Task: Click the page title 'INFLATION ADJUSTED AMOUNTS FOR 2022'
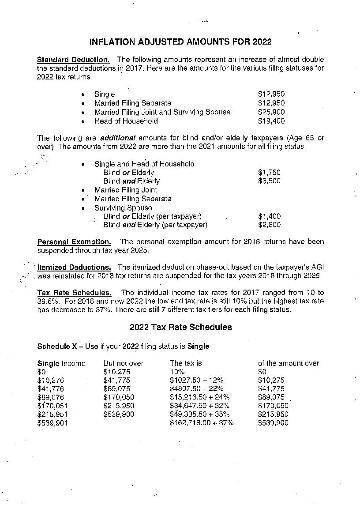click(180, 42)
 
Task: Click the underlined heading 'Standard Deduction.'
click(73, 60)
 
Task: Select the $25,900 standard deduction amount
click(271, 112)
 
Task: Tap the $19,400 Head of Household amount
click(271, 121)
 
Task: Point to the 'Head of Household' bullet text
click(126, 121)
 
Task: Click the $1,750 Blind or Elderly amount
click(269, 173)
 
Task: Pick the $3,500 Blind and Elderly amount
click(269, 181)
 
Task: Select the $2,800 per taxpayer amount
click(269, 225)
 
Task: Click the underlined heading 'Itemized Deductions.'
click(74, 268)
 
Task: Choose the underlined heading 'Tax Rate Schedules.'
click(74, 293)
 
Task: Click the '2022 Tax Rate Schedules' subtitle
click(180, 328)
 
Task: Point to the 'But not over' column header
click(123, 363)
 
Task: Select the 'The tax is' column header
click(186, 363)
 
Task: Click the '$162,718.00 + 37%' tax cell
click(202, 423)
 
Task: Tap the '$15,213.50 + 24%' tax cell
click(199, 397)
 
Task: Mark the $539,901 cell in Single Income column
click(52, 423)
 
